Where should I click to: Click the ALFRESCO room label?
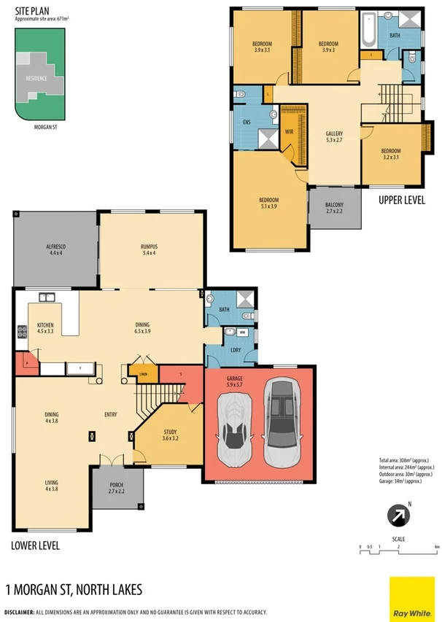pyautogui.click(x=55, y=249)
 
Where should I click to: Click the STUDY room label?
pyautogui.click(x=169, y=435)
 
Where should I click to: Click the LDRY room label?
pyautogui.click(x=236, y=351)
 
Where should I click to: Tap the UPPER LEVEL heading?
pyautogui.click(x=401, y=200)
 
